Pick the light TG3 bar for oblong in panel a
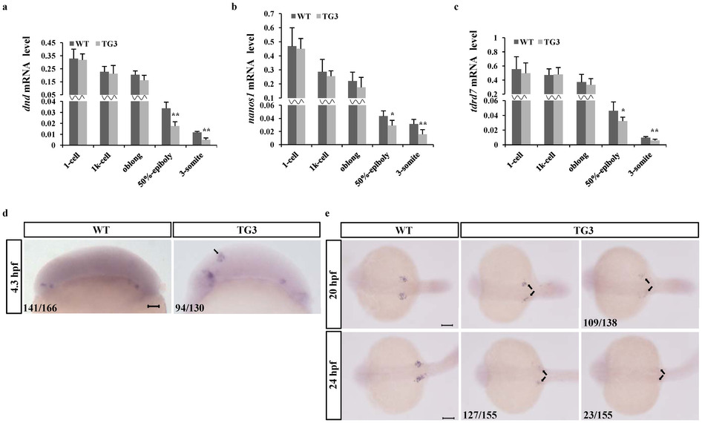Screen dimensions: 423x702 point(144,111)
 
